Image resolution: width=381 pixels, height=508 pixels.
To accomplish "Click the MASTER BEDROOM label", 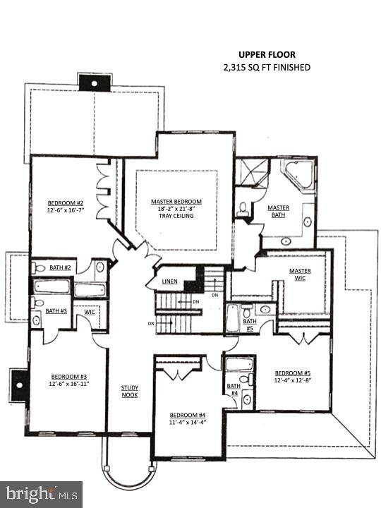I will click(x=176, y=201).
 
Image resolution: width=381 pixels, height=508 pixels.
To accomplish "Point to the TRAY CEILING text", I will click(x=176, y=216).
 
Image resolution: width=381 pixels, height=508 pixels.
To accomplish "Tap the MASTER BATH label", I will click(x=278, y=211).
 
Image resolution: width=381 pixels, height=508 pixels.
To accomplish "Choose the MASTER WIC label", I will click(x=300, y=274).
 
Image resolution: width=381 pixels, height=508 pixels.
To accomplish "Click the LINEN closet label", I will click(x=169, y=282).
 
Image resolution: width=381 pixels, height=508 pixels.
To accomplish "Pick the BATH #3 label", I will click(x=56, y=310).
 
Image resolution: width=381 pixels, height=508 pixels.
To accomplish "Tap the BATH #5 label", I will click(x=249, y=325).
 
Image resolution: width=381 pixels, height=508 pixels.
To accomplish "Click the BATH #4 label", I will click(x=233, y=389).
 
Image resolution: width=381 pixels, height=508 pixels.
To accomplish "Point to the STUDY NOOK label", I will click(x=128, y=391).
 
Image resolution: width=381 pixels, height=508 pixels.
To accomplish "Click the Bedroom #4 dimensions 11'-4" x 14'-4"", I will click(x=188, y=422).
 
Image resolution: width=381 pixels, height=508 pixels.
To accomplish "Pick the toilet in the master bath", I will click(x=242, y=208).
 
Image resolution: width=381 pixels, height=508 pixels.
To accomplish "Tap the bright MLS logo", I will click(x=41, y=494).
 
